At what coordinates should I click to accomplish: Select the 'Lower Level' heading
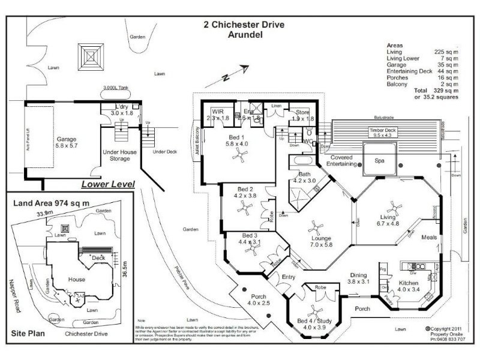point(107,184)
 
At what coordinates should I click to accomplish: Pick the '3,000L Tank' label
point(117,88)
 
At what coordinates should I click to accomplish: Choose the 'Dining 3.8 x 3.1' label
point(362,278)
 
